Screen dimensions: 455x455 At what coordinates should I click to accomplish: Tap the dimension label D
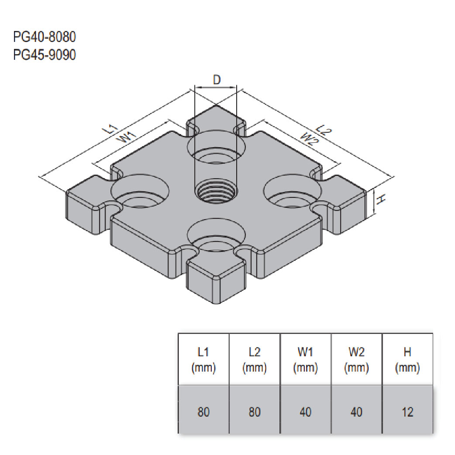click(217, 79)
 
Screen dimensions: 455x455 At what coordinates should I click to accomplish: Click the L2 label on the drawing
click(323, 129)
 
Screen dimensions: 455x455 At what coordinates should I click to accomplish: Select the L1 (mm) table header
click(203, 360)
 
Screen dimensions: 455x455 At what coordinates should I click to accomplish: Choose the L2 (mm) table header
click(255, 360)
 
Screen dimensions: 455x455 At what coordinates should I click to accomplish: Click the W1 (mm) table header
click(306, 360)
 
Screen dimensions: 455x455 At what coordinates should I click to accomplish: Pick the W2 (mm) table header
click(356, 360)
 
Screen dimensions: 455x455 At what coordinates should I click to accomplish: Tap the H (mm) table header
click(407, 360)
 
